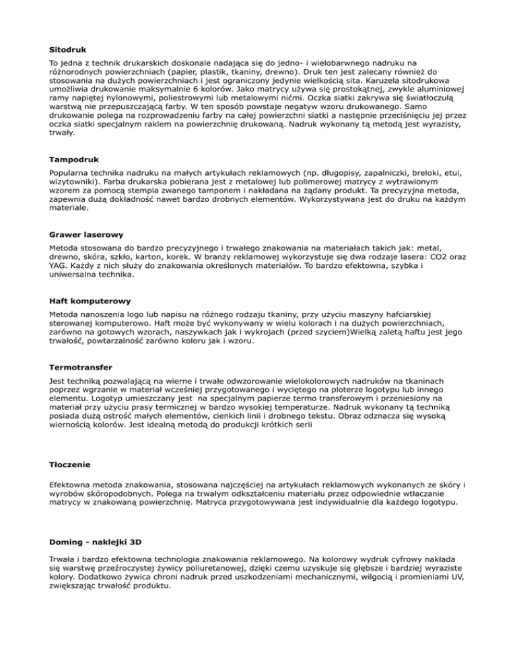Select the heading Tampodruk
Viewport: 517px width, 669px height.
pyautogui.click(x=75, y=160)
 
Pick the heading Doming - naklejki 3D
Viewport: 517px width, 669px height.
pyautogui.click(x=96, y=542)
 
